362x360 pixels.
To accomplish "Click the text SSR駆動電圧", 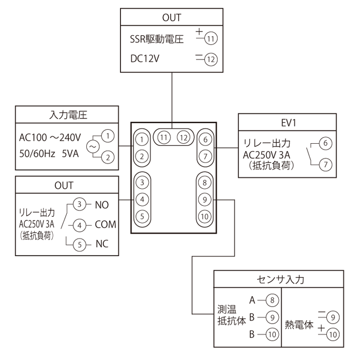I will [x=157, y=39].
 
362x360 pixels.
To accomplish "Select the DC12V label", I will [x=145, y=60].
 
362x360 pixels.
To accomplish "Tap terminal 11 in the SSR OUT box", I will [x=210, y=38].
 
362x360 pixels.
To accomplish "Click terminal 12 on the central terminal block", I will [x=183, y=138].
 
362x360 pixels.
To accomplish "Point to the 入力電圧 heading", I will [x=68, y=114].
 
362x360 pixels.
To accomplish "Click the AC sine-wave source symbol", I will [x=93, y=146].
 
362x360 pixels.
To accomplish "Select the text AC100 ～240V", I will [x=50, y=138].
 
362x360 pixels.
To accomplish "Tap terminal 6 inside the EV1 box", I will [x=325, y=143].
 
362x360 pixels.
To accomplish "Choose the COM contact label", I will [x=105, y=225].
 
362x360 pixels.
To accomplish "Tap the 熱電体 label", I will [x=299, y=325].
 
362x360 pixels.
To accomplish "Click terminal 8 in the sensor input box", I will [x=272, y=300].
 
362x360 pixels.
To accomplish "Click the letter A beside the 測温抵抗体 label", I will [x=252, y=300].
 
